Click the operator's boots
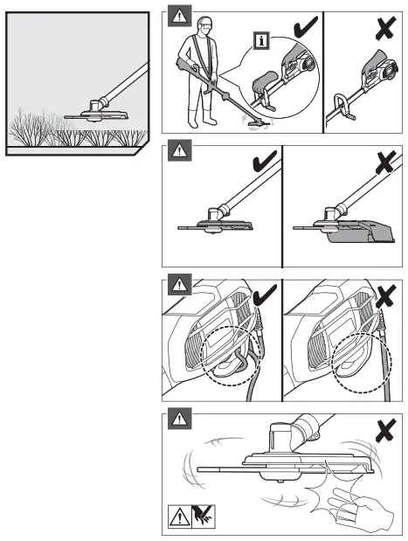tap(206, 119)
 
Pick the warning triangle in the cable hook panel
tap(178, 285)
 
